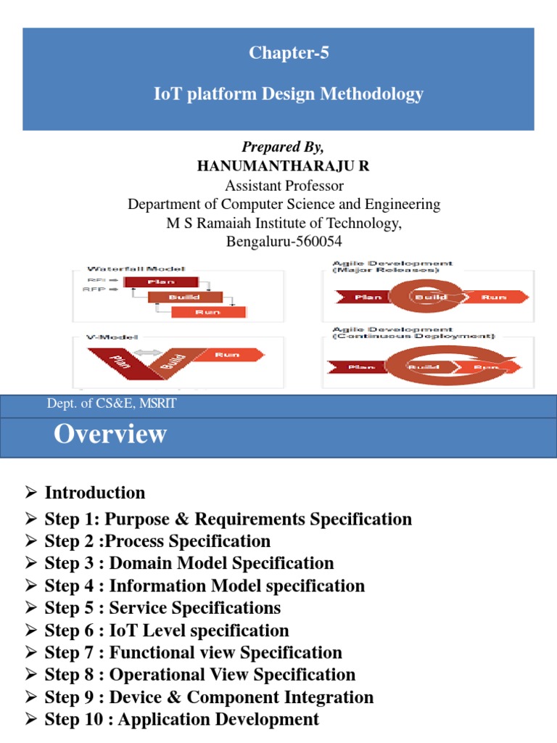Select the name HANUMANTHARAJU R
(x=284, y=166)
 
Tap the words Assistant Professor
(x=284, y=185)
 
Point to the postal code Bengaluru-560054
(x=284, y=242)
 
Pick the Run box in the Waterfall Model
(x=208, y=311)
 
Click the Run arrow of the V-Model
(x=227, y=355)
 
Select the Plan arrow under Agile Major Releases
(x=365, y=297)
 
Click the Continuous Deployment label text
(x=413, y=336)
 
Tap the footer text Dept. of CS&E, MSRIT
(x=112, y=404)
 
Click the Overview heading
(x=111, y=434)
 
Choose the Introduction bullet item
(x=95, y=493)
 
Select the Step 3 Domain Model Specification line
(x=189, y=563)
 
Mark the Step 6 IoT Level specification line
(x=167, y=630)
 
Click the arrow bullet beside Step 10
(x=30, y=719)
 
